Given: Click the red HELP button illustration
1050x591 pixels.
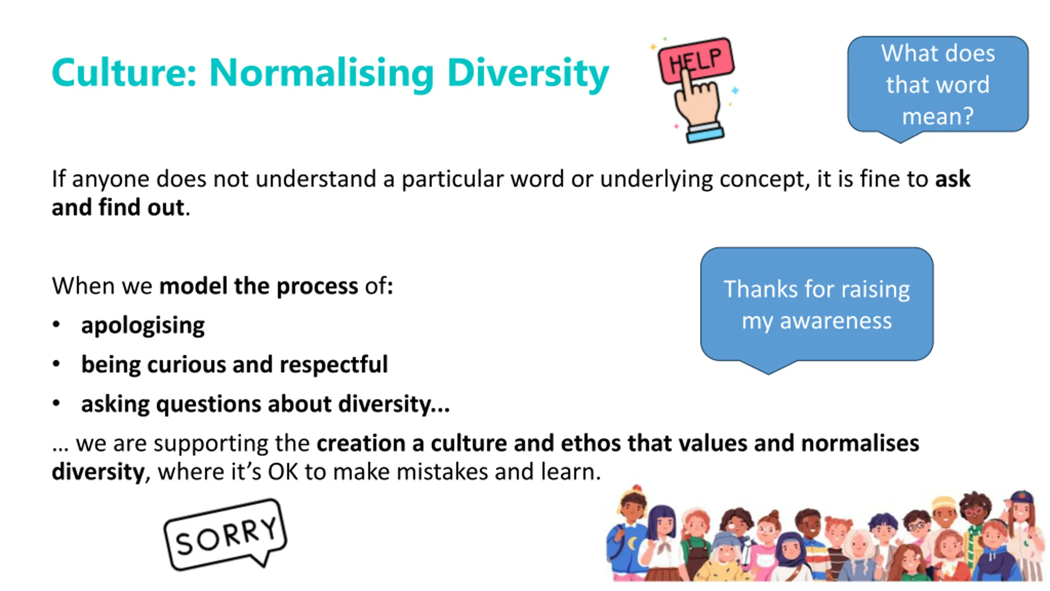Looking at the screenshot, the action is click(x=696, y=60).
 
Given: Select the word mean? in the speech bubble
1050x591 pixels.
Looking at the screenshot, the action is click(x=938, y=116).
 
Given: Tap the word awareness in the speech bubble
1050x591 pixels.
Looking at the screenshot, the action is click(x=835, y=321).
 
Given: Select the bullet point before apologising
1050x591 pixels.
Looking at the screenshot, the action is click(x=57, y=325).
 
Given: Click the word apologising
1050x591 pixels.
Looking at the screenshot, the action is click(x=143, y=326).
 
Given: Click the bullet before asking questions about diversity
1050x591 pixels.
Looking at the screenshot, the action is click(x=57, y=403).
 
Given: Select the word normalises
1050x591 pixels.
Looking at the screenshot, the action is click(x=860, y=444).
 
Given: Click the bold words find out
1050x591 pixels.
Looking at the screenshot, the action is click(x=141, y=207).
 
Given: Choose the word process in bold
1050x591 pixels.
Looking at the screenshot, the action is click(x=317, y=287).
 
